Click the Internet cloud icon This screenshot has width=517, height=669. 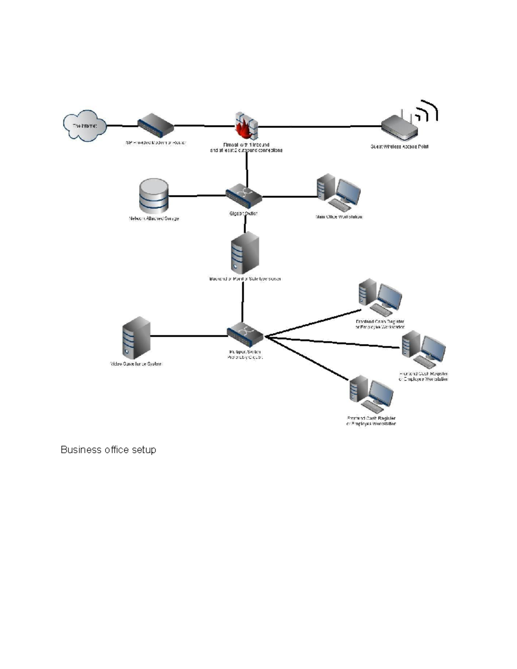(84, 125)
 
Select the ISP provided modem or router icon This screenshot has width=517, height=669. (155, 125)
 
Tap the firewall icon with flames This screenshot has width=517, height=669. (246, 126)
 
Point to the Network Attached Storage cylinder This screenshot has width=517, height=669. (154, 196)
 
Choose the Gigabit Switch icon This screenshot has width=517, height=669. (244, 196)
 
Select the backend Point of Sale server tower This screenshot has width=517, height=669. (245, 253)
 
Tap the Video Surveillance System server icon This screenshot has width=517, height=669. (136, 338)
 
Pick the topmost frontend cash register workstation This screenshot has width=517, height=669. (380, 297)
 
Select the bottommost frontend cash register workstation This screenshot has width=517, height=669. (371, 394)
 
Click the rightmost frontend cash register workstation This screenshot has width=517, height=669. (424, 349)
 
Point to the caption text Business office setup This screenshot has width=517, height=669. (108, 450)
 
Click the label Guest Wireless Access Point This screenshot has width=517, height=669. (399, 146)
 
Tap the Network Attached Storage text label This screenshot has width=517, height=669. (154, 218)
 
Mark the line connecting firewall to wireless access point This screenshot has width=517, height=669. (319, 127)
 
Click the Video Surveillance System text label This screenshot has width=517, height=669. (136, 364)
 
